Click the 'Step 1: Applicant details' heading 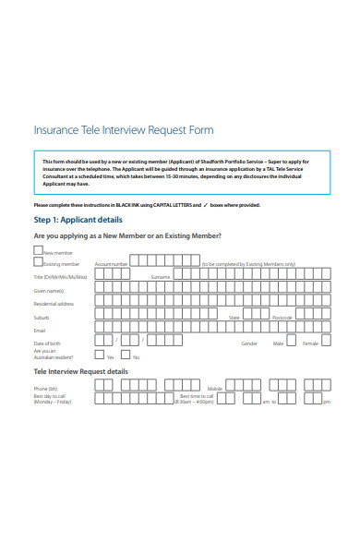click(78, 220)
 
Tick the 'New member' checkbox click(38, 250)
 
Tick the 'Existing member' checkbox click(38, 262)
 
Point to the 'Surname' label click(160, 277)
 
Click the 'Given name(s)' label click(49, 290)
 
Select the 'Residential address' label click(54, 303)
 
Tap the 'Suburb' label click(42, 317)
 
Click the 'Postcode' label click(282, 317)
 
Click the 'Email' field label click(40, 330)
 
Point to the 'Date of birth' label click(46, 343)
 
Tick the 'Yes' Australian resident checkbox click(100, 355)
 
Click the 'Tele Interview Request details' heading click(81, 371)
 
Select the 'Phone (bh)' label click(45, 389)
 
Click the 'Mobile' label click(214, 389)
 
